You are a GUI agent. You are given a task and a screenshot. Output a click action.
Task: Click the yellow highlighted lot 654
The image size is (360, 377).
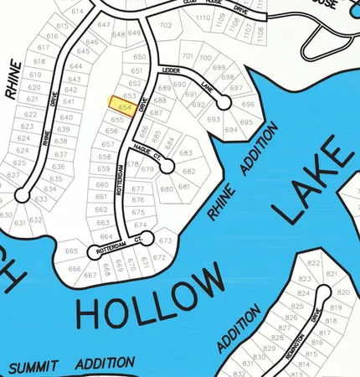pos(125,106)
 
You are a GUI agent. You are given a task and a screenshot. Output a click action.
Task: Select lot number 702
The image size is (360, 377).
pos(165,26)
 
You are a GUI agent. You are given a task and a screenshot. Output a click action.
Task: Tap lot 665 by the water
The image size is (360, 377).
pos(71,251)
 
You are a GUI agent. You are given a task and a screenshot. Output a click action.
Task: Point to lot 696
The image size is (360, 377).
pos(248,105)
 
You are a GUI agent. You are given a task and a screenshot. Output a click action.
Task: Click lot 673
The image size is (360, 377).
pos(165,241)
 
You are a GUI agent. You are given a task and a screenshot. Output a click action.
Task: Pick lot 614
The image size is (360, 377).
pos(78,12)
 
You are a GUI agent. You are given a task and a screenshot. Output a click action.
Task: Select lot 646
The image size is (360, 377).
pos(92,42)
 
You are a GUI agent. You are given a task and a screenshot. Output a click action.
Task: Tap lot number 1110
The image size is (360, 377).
pos(203,18)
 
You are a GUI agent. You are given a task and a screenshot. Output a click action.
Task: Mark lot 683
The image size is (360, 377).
pos(186,153)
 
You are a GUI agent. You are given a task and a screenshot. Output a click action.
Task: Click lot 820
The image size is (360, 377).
pos(343,292)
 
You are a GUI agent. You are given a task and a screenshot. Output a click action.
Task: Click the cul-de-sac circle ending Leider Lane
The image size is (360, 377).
pos(224,102)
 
